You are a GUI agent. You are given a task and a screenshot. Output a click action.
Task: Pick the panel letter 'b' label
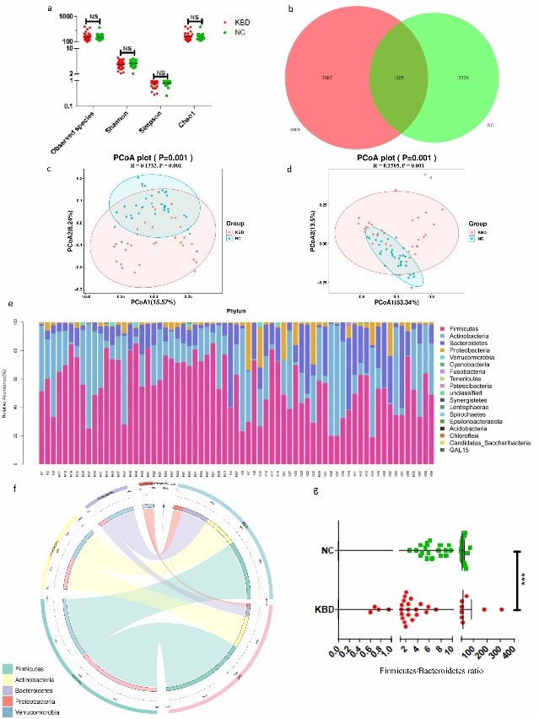point(292,9)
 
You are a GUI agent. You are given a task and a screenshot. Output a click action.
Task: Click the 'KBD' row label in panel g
point(323,609)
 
